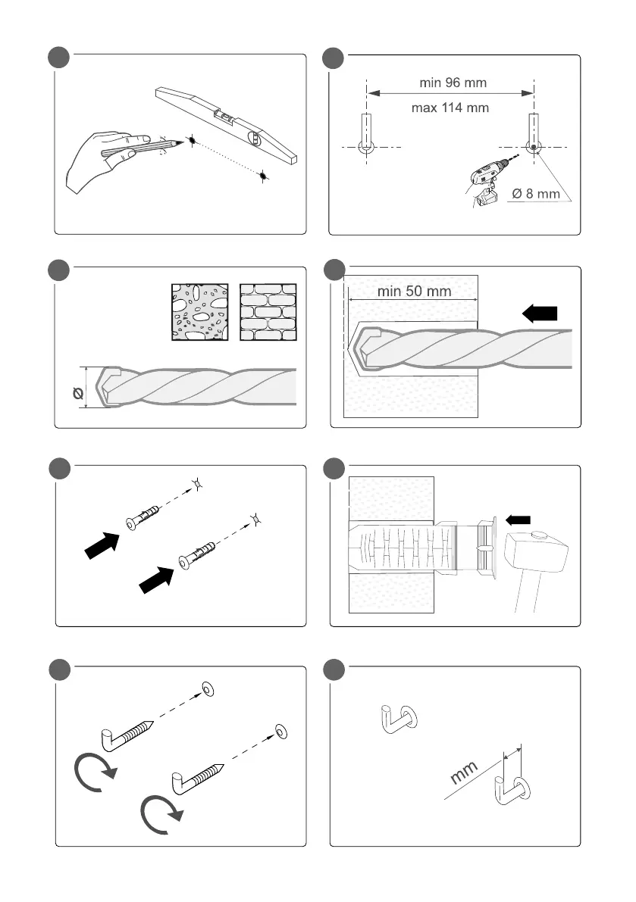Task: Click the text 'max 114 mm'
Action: (x=450, y=108)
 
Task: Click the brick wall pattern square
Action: (x=268, y=313)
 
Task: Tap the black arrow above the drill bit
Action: (x=541, y=313)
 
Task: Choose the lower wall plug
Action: (x=198, y=555)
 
